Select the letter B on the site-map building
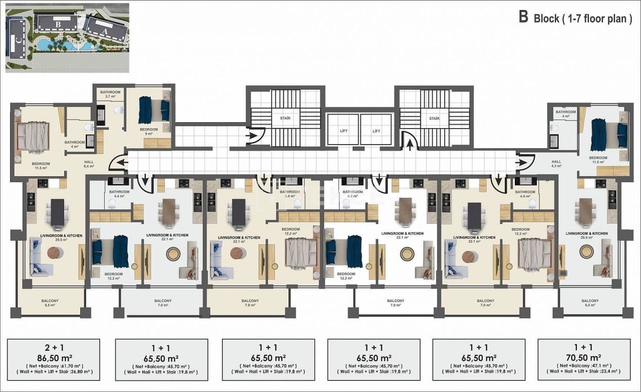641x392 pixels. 58,23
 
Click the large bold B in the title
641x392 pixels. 523,17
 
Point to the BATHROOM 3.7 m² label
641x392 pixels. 110,94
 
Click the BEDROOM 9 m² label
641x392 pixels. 149,131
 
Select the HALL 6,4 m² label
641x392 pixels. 89,163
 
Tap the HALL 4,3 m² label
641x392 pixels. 556,164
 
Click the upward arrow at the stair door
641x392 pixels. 410,145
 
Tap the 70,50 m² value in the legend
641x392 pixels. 583,358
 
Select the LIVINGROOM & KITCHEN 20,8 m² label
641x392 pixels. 586,236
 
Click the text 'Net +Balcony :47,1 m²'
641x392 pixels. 583,366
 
